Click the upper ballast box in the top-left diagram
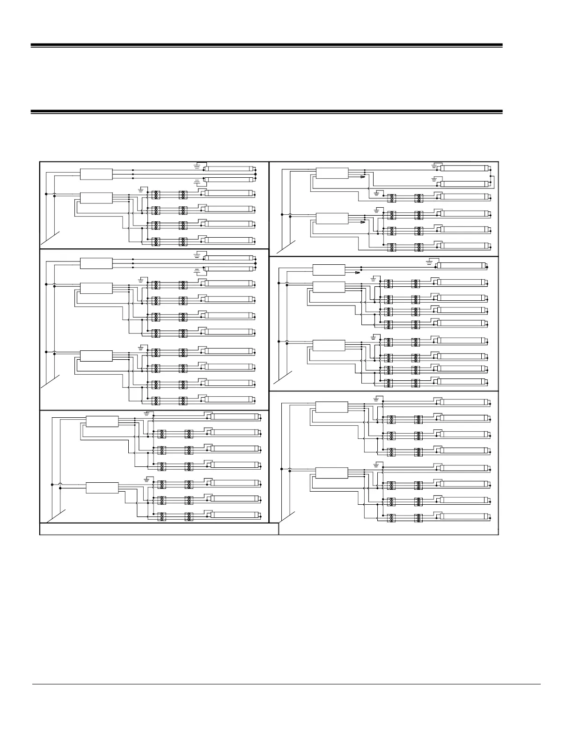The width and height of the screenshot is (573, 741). pos(96,174)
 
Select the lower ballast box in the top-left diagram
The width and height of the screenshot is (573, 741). pos(96,197)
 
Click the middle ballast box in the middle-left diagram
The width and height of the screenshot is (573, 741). pos(96,288)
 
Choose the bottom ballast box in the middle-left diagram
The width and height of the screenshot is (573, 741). pos(96,356)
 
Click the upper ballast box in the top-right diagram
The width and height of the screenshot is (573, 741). pos(332,173)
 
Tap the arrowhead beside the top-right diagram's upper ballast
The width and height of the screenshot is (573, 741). pos(362,177)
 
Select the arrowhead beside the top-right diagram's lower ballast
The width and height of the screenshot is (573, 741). pos(362,223)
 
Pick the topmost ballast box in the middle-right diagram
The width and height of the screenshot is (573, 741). pos(329,270)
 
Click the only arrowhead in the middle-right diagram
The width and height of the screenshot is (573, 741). pos(358,273)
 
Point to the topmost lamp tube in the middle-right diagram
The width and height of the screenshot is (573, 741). pos(461,266)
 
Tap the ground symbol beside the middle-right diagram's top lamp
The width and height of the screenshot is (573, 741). pos(430,262)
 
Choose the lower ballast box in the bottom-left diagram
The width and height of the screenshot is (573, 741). pos(103,487)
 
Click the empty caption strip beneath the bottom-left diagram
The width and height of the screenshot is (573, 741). pos(159,529)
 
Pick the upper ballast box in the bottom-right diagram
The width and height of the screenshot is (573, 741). pos(332,407)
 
